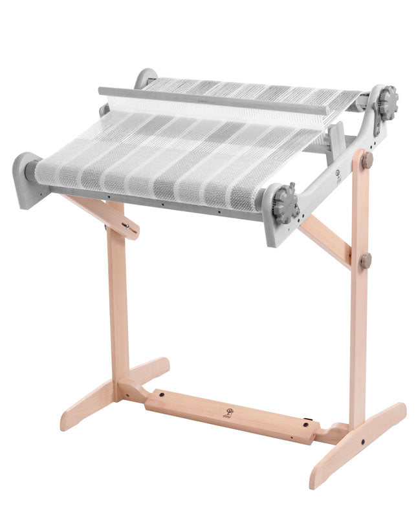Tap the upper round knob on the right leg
[367, 160]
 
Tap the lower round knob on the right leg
[366, 260]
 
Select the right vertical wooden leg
[358, 291]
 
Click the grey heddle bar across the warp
[213, 101]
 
